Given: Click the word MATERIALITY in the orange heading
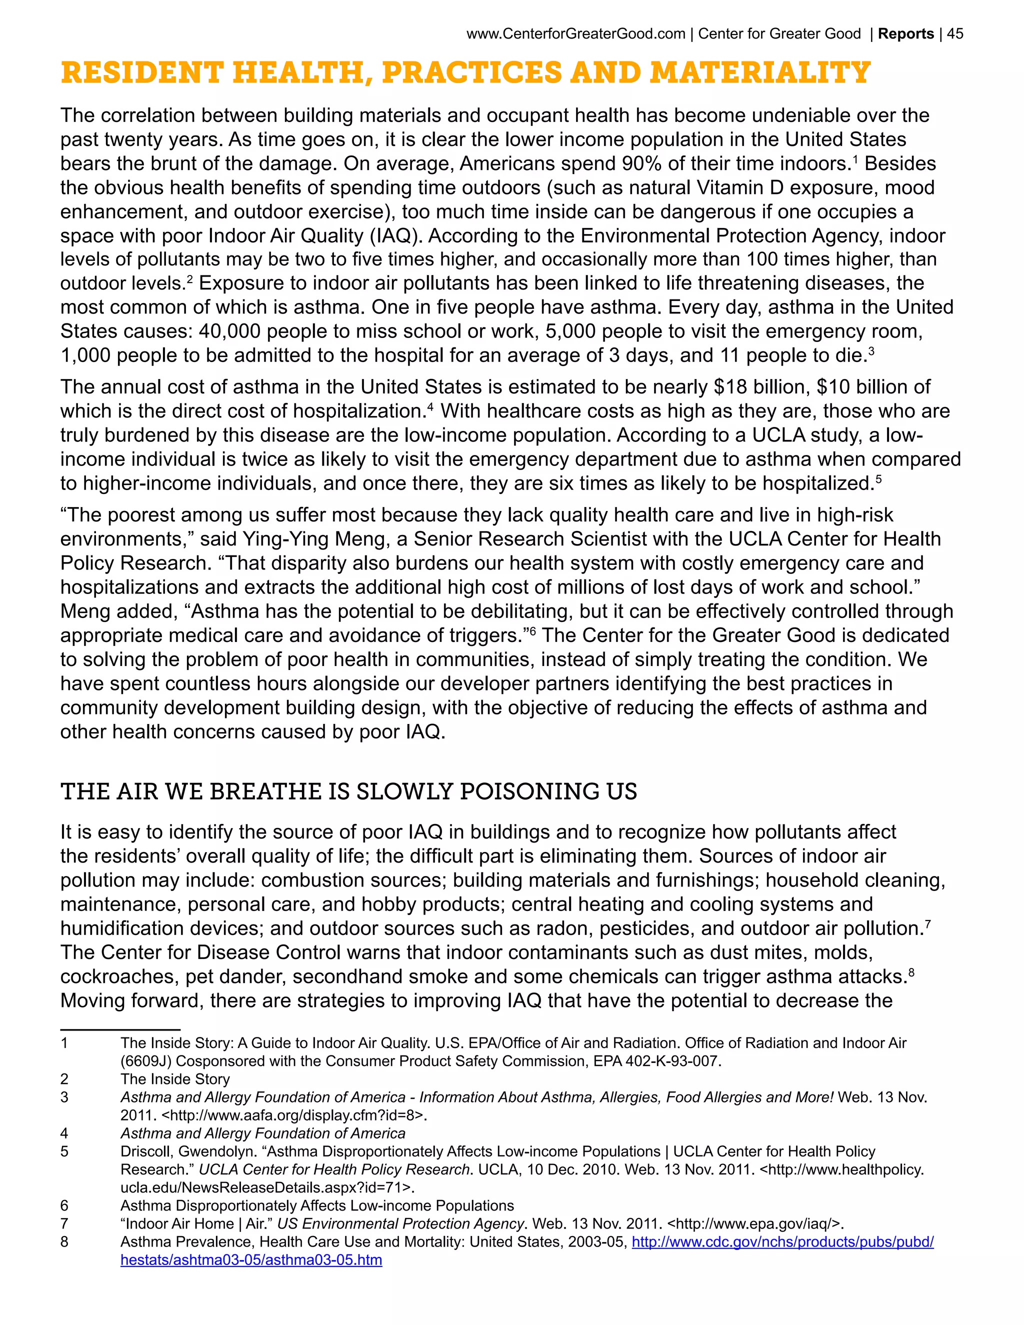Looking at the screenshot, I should [759, 73].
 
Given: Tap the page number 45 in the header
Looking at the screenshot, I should [955, 34].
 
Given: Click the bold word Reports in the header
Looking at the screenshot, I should [905, 34].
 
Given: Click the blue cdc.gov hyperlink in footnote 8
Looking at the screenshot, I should [782, 1242].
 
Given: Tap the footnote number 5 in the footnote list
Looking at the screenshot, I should [64, 1151].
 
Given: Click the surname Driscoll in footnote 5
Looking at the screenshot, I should [144, 1151].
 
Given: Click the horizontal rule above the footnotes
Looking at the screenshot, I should [120, 1029].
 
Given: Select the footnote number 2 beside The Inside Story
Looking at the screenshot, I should [64, 1079].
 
